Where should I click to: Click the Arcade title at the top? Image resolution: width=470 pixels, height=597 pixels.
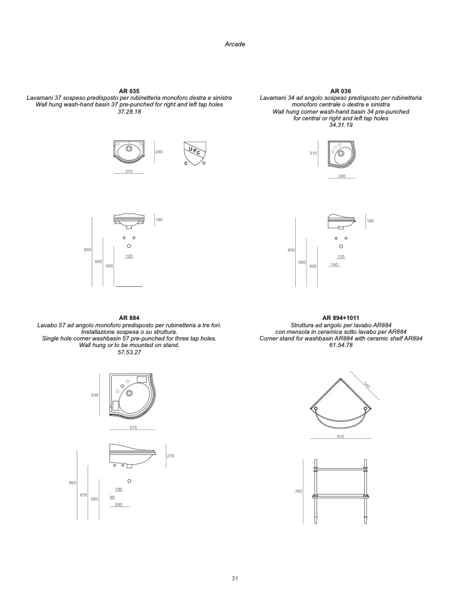click(x=235, y=44)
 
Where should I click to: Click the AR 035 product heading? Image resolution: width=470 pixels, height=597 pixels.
click(x=129, y=91)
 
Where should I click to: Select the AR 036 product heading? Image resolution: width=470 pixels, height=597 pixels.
click(x=341, y=91)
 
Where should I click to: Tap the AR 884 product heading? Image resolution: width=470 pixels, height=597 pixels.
click(x=129, y=318)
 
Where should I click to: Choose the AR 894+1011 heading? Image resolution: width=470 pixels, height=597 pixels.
click(x=341, y=318)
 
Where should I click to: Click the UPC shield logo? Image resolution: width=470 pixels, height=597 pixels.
click(x=195, y=153)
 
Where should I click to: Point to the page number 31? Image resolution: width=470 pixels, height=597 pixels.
click(x=235, y=578)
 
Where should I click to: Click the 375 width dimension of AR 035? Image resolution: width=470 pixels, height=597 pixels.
click(x=129, y=171)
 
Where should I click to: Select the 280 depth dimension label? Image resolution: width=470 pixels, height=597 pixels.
click(x=159, y=152)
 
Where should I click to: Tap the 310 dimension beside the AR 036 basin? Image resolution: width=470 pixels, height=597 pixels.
click(x=313, y=153)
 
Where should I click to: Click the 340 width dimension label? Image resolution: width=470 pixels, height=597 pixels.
click(x=342, y=176)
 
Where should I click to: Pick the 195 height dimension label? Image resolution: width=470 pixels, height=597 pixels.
click(x=370, y=221)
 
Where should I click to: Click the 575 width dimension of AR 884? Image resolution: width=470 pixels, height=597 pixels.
click(x=133, y=428)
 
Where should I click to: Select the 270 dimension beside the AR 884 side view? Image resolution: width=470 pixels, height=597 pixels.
click(x=170, y=456)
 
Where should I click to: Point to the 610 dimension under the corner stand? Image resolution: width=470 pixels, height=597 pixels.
click(x=340, y=437)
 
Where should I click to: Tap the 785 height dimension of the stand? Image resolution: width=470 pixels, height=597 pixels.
click(x=299, y=491)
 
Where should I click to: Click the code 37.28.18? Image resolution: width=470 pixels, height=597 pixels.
click(x=129, y=112)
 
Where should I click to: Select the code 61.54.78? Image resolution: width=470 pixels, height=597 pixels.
click(x=341, y=345)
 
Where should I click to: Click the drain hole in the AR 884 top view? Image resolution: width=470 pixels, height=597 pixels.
click(x=129, y=393)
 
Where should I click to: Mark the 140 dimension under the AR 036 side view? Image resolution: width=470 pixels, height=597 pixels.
click(x=334, y=264)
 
